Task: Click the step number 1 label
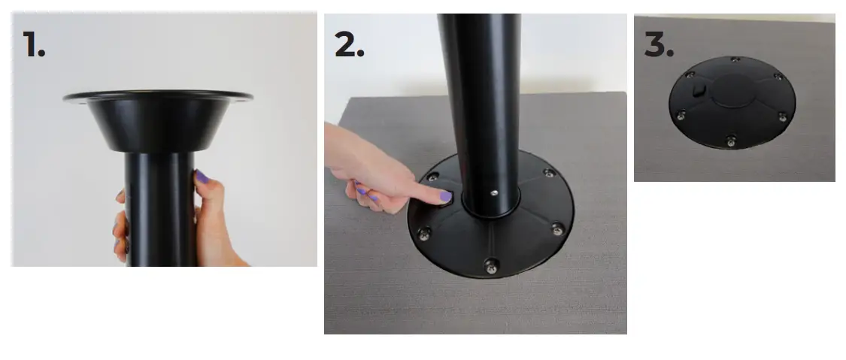[x=34, y=44]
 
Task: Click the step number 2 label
[x=349, y=44]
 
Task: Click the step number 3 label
[x=659, y=44]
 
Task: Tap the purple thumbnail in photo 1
[x=202, y=177]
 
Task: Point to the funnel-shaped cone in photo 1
[x=158, y=124]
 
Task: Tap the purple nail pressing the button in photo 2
[x=444, y=197]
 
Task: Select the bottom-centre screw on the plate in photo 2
[x=491, y=265]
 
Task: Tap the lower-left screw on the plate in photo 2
[x=424, y=231]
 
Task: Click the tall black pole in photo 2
[x=481, y=98]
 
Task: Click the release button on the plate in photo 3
[x=696, y=89]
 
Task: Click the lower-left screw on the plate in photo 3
[x=681, y=115]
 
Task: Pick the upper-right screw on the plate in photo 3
[x=778, y=77]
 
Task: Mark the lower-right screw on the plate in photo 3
[x=782, y=116]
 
